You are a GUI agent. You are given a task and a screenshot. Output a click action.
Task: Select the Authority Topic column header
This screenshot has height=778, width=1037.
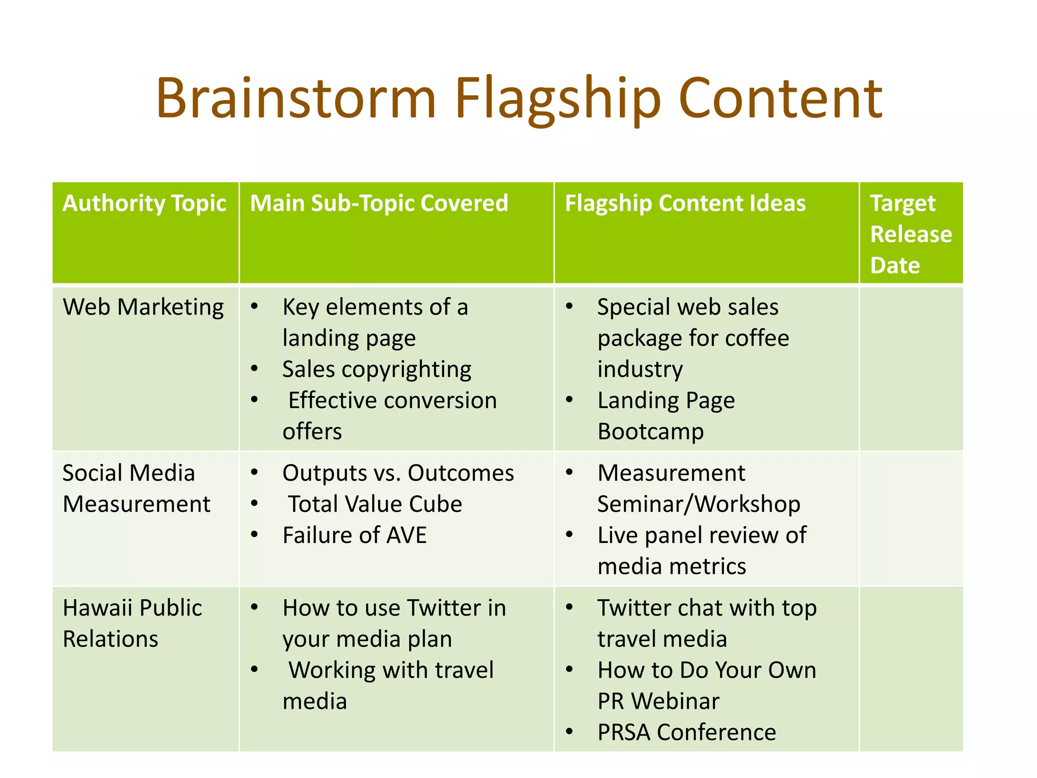(x=144, y=203)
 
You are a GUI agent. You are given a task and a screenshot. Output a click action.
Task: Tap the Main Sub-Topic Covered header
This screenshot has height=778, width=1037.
(x=379, y=203)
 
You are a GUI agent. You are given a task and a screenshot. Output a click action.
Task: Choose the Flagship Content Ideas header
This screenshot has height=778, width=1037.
(x=685, y=203)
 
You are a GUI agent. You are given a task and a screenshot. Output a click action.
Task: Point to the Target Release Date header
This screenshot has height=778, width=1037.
(x=910, y=234)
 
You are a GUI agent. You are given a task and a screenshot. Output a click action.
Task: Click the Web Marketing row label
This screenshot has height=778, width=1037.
(x=143, y=307)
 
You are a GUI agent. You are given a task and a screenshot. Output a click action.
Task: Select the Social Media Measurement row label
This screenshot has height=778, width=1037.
(x=136, y=488)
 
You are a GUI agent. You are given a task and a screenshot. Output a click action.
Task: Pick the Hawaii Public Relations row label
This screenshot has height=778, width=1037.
(x=132, y=623)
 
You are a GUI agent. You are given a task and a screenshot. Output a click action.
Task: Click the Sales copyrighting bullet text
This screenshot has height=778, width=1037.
(x=377, y=369)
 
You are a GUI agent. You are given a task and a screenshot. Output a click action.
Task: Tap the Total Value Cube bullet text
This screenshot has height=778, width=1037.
(x=375, y=504)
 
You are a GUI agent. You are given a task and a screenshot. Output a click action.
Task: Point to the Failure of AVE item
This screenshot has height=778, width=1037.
(x=354, y=535)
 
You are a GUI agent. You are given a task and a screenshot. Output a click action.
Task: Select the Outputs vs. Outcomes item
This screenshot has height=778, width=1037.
(x=398, y=473)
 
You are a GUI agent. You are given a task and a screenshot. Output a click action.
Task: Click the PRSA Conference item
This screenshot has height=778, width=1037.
(x=686, y=732)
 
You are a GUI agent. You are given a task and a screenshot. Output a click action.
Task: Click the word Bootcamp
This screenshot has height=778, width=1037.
(x=651, y=432)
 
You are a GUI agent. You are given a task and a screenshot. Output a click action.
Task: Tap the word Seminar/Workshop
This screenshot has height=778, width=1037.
(x=699, y=504)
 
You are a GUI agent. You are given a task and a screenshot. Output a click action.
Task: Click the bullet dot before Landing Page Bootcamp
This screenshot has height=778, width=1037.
(x=570, y=400)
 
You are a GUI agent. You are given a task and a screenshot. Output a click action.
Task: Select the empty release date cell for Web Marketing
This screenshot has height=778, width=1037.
(x=910, y=369)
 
